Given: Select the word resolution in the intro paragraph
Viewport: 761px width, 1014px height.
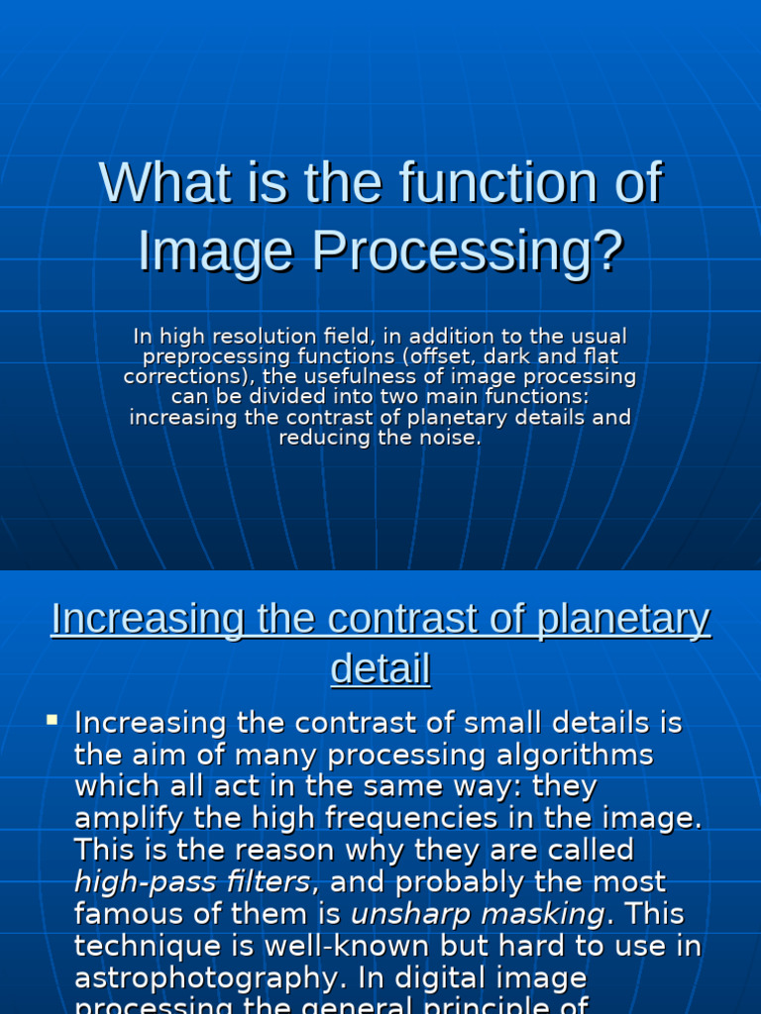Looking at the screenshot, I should click(272, 337).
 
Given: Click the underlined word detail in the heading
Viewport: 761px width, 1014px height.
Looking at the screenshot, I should click(380, 669).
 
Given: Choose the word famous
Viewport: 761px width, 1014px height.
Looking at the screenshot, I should click(129, 913).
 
